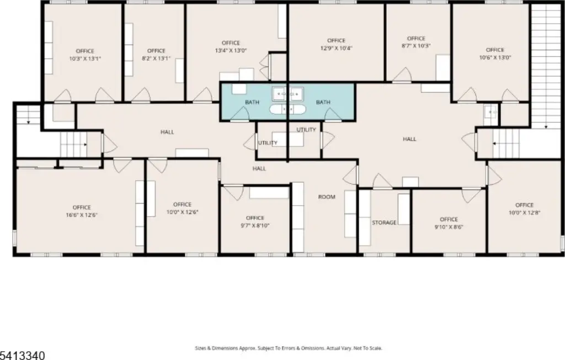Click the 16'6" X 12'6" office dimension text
[82, 215]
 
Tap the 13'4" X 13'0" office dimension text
[231, 51]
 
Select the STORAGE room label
[384, 223]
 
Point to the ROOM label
[327, 197]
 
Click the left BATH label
[252, 102]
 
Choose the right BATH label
[323, 102]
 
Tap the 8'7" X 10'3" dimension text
[416, 46]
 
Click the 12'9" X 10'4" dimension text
[336, 49]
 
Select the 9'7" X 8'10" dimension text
[255, 225]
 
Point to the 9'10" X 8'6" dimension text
[449, 227]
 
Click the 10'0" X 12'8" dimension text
[524, 213]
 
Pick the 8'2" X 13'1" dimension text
[156, 58]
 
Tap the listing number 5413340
[22, 356]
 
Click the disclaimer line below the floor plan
[288, 348]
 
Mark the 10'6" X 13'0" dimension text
[495, 57]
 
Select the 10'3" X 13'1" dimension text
[85, 58]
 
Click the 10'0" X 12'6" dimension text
[182, 212]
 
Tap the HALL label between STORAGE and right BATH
[409, 139]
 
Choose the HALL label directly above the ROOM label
[259, 169]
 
